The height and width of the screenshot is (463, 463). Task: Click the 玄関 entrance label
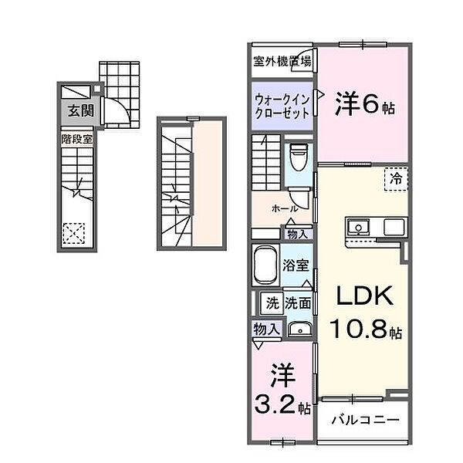(79, 110)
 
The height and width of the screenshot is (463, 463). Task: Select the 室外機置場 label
(282, 61)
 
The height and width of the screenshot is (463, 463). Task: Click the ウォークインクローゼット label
(282, 104)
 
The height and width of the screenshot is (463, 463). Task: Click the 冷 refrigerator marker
(396, 178)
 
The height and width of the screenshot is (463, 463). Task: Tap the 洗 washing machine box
(272, 302)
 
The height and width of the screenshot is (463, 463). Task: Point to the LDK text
(363, 297)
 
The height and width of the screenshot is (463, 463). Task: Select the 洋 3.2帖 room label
(282, 392)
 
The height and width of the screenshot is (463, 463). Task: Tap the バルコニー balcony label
(365, 421)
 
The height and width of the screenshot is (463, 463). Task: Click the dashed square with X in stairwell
(73, 231)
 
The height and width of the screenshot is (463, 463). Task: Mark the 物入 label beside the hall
(297, 234)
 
